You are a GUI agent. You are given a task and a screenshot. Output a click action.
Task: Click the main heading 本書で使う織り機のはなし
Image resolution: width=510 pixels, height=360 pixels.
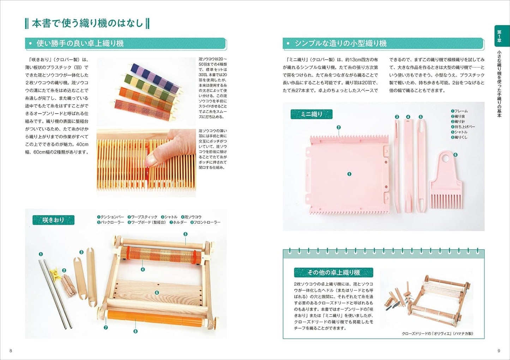(87, 23)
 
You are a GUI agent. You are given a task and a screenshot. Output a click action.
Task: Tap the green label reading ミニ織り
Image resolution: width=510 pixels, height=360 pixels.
(311, 114)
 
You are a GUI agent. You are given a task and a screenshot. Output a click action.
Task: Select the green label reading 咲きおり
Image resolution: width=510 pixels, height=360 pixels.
(53, 220)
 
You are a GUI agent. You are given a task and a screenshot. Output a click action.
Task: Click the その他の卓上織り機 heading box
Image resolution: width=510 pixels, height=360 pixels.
(333, 272)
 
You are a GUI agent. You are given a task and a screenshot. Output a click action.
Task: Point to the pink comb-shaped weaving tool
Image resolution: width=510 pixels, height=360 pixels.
(445, 180)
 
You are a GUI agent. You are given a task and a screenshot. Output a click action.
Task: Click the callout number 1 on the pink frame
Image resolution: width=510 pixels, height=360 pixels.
(349, 174)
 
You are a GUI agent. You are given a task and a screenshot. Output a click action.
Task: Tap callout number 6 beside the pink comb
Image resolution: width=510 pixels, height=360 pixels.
(455, 155)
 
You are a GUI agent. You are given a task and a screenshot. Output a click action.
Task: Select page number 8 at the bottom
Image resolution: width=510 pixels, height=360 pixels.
(11, 350)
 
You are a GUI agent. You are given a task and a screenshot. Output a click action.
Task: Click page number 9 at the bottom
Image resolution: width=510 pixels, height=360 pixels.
(499, 350)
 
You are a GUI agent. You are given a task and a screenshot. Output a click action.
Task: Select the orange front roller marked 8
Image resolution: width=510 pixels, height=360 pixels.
(155, 318)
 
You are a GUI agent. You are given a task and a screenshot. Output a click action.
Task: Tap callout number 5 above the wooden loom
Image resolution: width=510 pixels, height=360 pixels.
(185, 234)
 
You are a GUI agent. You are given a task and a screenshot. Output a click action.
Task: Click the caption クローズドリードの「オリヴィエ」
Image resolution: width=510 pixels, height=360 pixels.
(437, 334)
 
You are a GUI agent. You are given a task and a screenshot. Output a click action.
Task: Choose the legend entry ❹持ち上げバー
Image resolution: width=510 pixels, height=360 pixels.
(463, 127)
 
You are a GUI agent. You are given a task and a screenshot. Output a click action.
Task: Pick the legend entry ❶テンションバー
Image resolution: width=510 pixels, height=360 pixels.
(110, 217)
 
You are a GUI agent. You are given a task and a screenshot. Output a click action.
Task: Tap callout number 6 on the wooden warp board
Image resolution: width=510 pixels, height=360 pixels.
(157, 293)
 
